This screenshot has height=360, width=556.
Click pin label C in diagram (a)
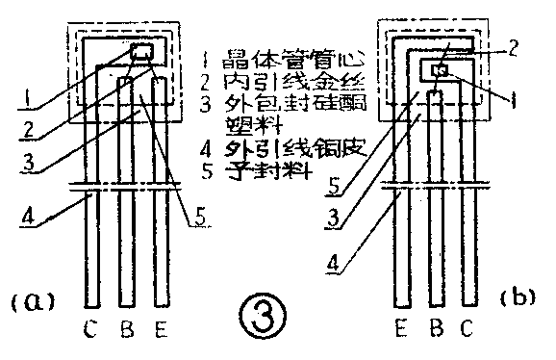coord(90,332)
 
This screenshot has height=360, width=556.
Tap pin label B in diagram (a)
coord(125,332)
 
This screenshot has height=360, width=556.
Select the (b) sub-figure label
coord(517,297)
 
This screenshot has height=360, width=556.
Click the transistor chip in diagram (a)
coord(140,52)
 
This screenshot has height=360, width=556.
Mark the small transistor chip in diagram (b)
coord(441,69)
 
